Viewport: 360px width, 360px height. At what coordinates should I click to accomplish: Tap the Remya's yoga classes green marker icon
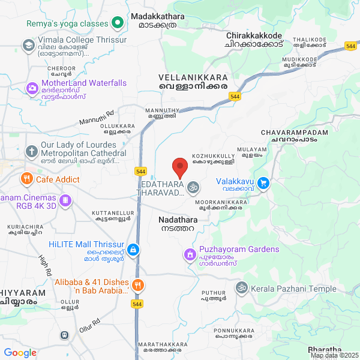[x=118, y=24]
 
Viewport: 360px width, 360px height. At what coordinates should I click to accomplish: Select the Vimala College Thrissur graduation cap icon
[x=28, y=45]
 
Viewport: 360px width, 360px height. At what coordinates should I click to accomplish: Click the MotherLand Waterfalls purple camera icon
[x=31, y=88]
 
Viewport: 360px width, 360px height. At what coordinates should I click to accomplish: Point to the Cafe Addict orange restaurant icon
[x=26, y=179]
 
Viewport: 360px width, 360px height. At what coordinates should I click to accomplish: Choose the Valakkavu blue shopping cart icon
[x=262, y=182]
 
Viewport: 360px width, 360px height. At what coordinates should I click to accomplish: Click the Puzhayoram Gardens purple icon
[x=190, y=254]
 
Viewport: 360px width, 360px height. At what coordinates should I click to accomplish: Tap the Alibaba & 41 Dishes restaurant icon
[x=138, y=286]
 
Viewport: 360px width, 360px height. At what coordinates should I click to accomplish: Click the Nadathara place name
[x=177, y=220]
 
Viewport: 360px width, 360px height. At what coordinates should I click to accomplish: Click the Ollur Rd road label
[x=89, y=326]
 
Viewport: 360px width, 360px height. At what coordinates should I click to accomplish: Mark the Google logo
[x=20, y=352]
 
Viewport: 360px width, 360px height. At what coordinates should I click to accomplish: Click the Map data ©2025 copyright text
[x=334, y=355]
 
